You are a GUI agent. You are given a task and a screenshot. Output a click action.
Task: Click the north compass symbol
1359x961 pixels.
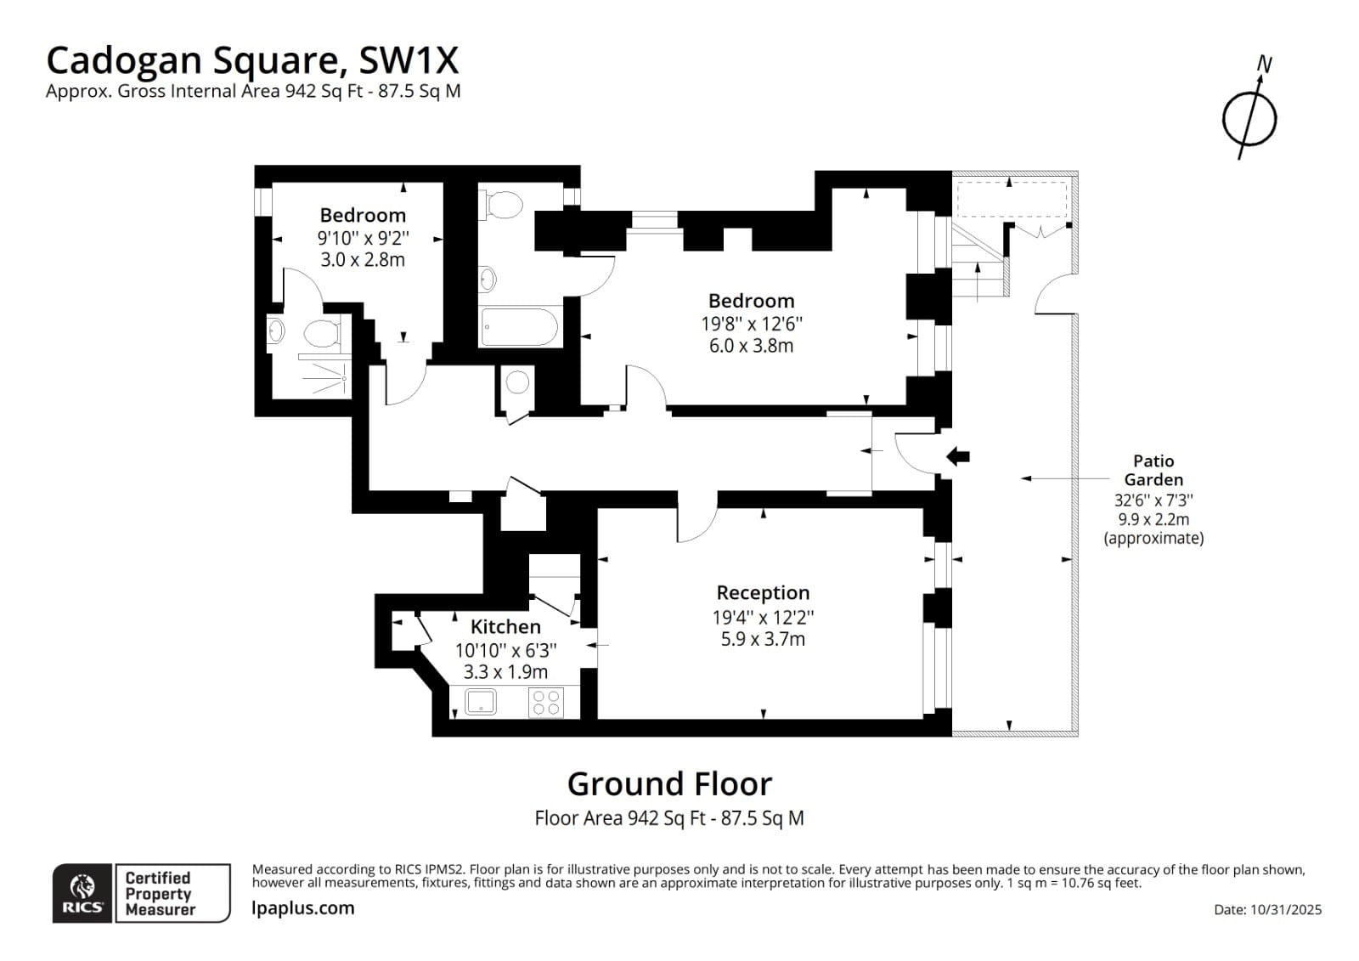[1249, 116]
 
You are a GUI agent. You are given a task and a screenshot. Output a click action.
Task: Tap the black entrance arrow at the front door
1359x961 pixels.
[958, 456]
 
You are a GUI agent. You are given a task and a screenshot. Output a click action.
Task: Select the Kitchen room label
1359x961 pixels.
[505, 627]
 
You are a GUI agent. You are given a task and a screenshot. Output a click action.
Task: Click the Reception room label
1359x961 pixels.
[763, 593]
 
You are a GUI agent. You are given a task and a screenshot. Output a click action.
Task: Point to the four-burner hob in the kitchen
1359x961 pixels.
[545, 702]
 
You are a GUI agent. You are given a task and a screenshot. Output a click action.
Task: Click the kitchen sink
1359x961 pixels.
[481, 702]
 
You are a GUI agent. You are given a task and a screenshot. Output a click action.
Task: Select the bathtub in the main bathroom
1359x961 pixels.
[519, 327]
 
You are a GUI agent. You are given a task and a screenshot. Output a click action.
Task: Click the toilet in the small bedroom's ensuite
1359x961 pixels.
[320, 333]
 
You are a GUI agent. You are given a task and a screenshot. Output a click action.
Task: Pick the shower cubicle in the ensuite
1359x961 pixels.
[323, 376]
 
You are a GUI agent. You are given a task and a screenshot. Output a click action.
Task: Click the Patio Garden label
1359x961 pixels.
[1153, 470]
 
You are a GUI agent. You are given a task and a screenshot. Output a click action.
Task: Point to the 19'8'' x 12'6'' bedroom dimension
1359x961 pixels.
[751, 324]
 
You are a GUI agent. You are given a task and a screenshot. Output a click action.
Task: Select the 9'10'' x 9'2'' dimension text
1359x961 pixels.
[363, 238]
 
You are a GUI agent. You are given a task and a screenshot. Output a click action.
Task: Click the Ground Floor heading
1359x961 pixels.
[669, 783]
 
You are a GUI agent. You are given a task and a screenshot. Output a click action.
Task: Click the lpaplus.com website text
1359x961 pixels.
[303, 908]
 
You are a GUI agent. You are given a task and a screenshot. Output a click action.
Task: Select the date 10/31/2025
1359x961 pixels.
[1285, 909]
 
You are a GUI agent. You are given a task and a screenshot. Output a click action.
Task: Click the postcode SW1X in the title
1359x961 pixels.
[409, 60]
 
